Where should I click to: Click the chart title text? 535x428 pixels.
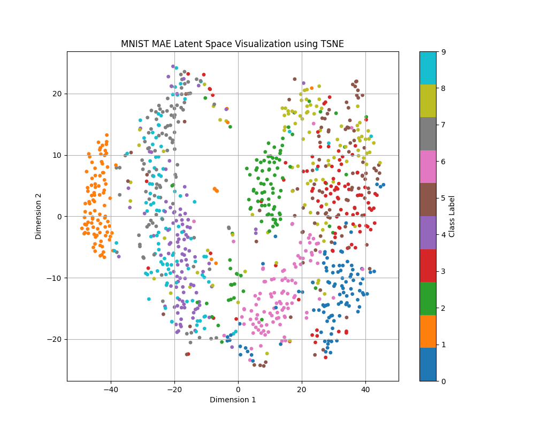pyautogui.click(x=232, y=44)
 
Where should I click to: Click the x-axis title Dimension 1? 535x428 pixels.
pyautogui.click(x=232, y=400)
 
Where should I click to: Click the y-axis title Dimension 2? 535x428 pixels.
pyautogui.click(x=39, y=216)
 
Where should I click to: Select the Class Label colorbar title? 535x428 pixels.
pyautogui.click(x=452, y=216)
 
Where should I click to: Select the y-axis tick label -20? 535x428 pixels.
pyautogui.click(x=56, y=339)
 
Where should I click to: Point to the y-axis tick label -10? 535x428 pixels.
pyautogui.click(x=56, y=278)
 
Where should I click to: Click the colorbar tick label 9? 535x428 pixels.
pyautogui.click(x=443, y=52)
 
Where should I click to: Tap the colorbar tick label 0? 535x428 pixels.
pyautogui.click(x=443, y=381)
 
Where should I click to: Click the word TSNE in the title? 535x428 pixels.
pyautogui.click(x=332, y=44)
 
